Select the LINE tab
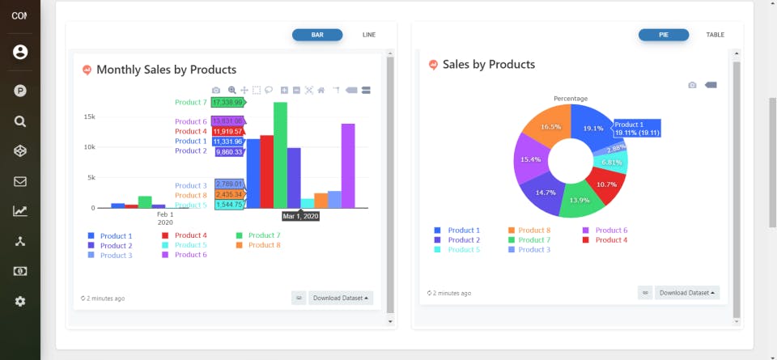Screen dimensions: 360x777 pyautogui.click(x=369, y=35)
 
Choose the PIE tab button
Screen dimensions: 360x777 pyautogui.click(x=663, y=35)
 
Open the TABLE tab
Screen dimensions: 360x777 pyautogui.click(x=715, y=35)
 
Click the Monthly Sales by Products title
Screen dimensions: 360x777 pyautogui.click(x=166, y=70)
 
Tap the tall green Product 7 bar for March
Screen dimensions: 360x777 pyautogui.click(x=280, y=154)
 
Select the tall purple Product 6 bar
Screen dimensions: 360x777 pyautogui.click(x=348, y=165)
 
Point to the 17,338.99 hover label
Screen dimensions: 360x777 pyautogui.click(x=227, y=103)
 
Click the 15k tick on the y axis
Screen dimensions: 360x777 pyautogui.click(x=89, y=116)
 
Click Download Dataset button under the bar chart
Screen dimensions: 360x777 pyautogui.click(x=341, y=298)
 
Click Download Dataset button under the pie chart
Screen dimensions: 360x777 pyautogui.click(x=686, y=293)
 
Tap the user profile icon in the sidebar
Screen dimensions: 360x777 pyautogui.click(x=20, y=52)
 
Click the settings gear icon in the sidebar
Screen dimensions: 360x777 pyautogui.click(x=20, y=301)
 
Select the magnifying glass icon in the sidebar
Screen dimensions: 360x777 pyautogui.click(x=20, y=121)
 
